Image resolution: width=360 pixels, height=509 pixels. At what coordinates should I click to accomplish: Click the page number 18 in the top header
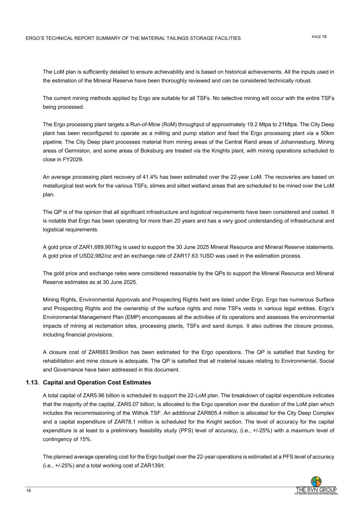click(324, 37)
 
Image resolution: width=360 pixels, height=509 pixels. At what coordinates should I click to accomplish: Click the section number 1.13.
click(32, 383)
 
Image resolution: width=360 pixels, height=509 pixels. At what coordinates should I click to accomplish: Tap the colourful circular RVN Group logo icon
click(316, 481)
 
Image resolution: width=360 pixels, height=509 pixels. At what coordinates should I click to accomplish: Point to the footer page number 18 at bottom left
click(28, 491)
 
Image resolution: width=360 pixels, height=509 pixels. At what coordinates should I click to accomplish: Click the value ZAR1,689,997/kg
click(100, 247)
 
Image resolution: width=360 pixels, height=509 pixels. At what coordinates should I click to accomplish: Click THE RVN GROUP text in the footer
click(316, 490)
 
